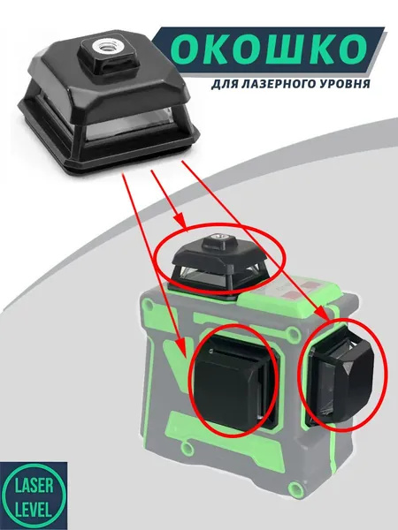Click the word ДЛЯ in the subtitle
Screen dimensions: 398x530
pos(225,84)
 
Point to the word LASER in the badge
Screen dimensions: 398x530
pos(34,486)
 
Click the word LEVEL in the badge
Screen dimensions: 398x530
pos(34,510)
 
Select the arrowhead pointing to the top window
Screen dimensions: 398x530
pos(180,220)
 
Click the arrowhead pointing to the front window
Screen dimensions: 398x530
pos(182,349)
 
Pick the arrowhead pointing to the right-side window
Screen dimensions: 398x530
pos(323,313)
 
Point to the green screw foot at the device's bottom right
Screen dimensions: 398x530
pos(296,489)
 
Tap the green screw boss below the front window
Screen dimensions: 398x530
pos(187,447)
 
